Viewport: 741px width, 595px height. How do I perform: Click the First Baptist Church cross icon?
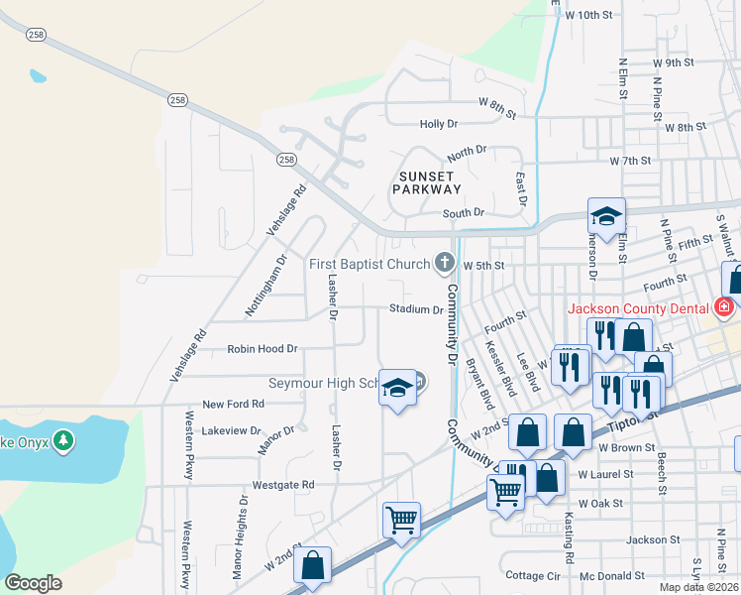click(445, 263)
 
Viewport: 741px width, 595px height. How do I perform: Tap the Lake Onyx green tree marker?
click(63, 439)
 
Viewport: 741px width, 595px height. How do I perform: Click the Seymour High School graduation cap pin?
click(397, 390)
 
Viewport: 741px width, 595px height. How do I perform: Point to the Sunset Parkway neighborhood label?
click(430, 182)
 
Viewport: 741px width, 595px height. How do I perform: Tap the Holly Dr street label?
click(439, 124)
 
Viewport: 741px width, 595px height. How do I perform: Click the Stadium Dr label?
click(415, 309)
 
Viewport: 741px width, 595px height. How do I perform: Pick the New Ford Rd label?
click(233, 404)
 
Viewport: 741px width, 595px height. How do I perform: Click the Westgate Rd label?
click(283, 485)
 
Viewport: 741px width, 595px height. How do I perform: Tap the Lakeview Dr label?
click(230, 431)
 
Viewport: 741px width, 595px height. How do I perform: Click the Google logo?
click(34, 583)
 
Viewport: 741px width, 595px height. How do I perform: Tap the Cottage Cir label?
click(533, 575)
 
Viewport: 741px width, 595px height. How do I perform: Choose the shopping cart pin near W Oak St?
click(506, 491)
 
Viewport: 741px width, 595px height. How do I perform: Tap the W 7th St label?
click(631, 161)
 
